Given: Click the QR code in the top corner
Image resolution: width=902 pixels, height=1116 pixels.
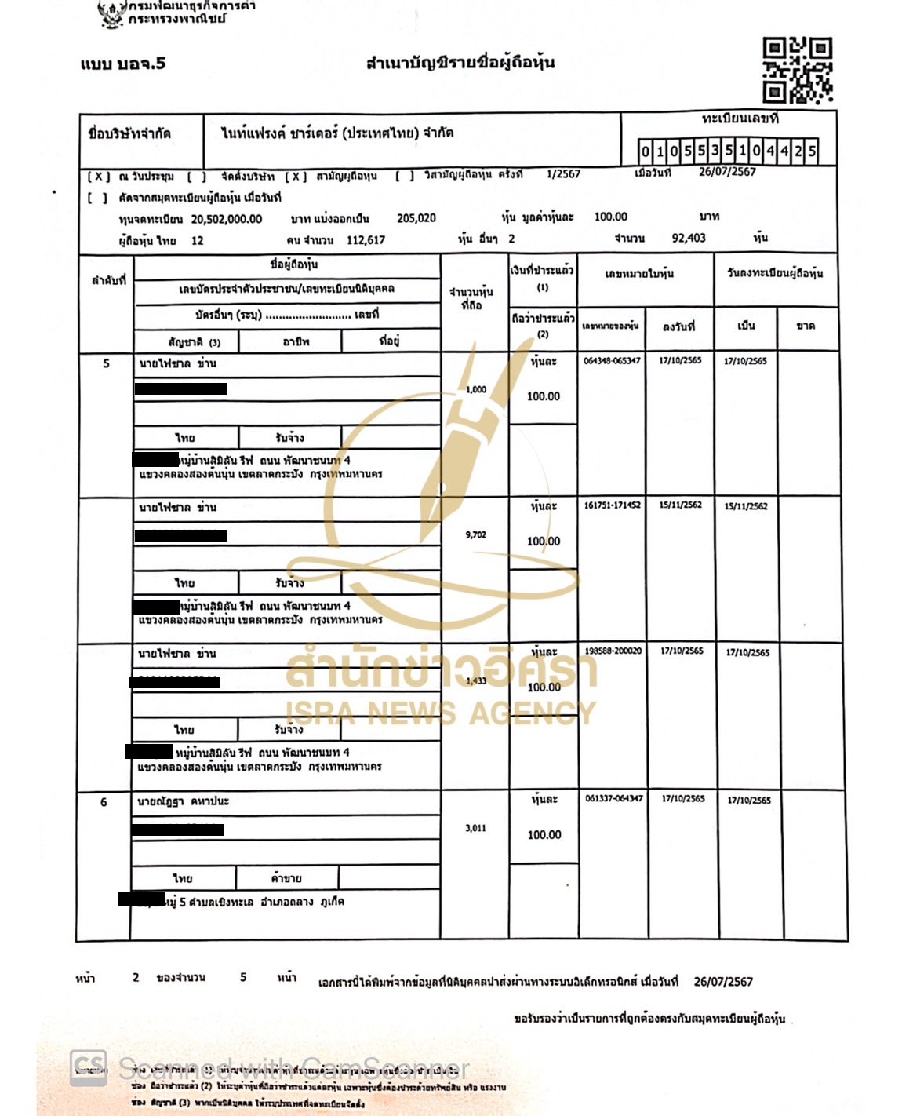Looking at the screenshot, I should tap(797, 71).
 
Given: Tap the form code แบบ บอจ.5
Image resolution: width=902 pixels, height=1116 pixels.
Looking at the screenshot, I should tap(123, 64).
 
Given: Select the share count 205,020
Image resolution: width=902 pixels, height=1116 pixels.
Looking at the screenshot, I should tap(416, 218).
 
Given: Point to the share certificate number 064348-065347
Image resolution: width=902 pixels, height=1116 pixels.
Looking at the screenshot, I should tap(612, 361).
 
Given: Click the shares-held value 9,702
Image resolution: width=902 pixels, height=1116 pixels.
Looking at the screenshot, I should tap(475, 534).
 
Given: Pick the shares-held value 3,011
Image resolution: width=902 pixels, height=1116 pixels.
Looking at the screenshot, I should tap(475, 828).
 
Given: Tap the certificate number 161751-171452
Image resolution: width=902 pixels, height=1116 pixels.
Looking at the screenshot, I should tap(612, 505).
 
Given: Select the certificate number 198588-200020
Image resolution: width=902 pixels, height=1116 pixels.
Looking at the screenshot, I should tap(613, 651).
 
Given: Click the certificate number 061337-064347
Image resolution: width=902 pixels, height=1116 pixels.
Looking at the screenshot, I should tap(613, 798).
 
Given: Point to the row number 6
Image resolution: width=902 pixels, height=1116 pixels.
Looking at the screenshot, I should tap(104, 802).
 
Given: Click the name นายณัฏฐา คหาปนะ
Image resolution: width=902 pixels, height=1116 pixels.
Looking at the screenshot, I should tap(184, 801).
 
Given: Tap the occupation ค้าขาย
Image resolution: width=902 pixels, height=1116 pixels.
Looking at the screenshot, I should tap(286, 878).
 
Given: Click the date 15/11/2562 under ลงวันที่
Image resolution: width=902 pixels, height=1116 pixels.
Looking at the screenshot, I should tap(680, 505).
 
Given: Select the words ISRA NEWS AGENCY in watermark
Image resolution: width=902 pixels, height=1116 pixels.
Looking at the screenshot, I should tap(440, 713).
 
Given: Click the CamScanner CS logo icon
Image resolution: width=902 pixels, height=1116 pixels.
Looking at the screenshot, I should tap(88, 1068).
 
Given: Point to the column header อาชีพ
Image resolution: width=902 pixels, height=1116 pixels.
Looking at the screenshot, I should tap(296, 341).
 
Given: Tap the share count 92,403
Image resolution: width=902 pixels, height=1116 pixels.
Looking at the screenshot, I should tap(689, 238).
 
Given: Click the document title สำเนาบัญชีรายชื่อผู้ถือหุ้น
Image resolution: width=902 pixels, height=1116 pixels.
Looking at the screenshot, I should tap(460, 63).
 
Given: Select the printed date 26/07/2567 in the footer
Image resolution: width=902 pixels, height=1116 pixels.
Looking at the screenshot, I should tap(723, 982).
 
